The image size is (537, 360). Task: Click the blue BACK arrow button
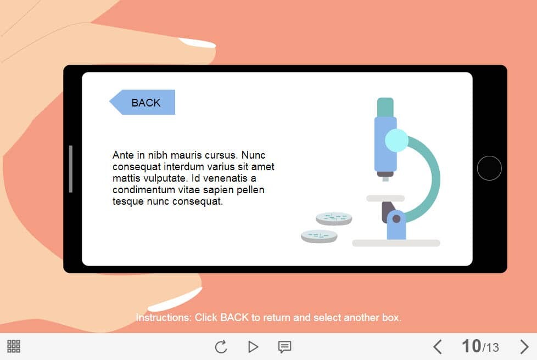click(x=142, y=102)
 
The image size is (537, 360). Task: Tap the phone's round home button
click(x=489, y=168)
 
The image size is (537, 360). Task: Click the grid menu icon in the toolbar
click(x=14, y=346)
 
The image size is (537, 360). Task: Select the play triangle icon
click(x=253, y=347)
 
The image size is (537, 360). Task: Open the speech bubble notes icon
click(x=284, y=347)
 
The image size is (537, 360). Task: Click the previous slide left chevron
click(x=437, y=347)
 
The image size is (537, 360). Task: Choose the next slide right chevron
click(x=524, y=347)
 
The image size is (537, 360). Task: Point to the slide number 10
click(x=471, y=346)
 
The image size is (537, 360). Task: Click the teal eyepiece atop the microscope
click(x=385, y=108)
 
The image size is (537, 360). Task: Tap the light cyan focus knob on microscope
click(x=396, y=140)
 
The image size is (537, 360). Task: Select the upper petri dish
click(x=334, y=218)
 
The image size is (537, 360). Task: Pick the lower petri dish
click(x=319, y=236)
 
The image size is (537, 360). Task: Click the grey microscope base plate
click(x=396, y=243)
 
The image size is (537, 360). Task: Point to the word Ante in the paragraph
click(x=123, y=155)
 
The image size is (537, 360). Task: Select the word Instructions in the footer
click(x=163, y=318)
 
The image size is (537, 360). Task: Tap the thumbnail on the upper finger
click(x=198, y=43)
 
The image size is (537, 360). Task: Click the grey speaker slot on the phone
click(x=70, y=168)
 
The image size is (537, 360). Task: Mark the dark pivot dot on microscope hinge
click(x=396, y=219)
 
